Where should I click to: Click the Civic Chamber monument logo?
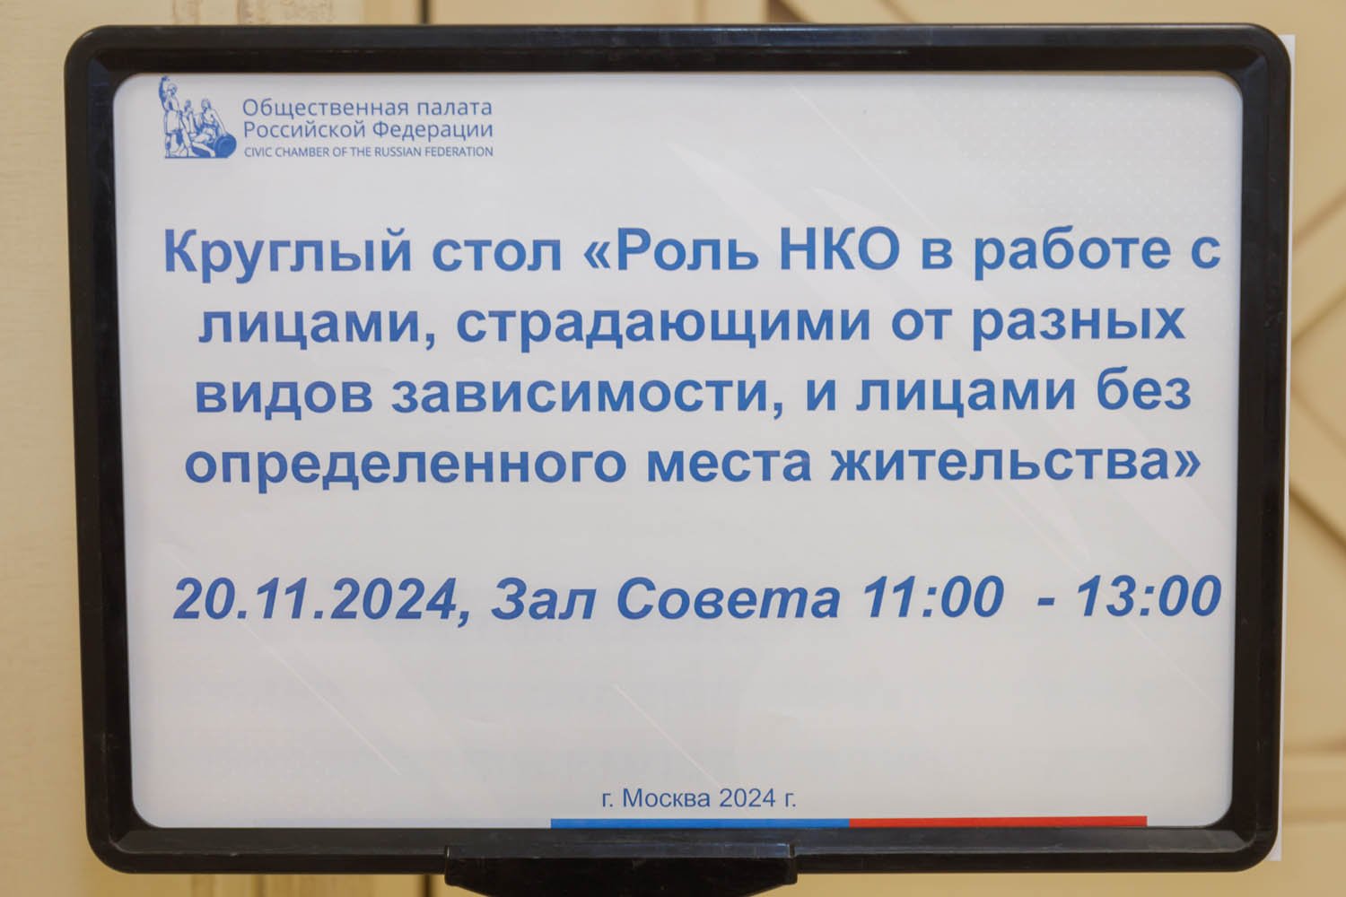197,118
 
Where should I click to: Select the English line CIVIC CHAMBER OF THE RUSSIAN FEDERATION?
368,152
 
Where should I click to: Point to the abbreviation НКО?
839,248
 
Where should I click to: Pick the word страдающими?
663,325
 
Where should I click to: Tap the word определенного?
406,465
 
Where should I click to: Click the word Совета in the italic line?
728,598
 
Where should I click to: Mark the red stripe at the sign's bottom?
998,821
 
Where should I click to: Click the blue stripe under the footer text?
700,823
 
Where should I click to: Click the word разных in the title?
1079,325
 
